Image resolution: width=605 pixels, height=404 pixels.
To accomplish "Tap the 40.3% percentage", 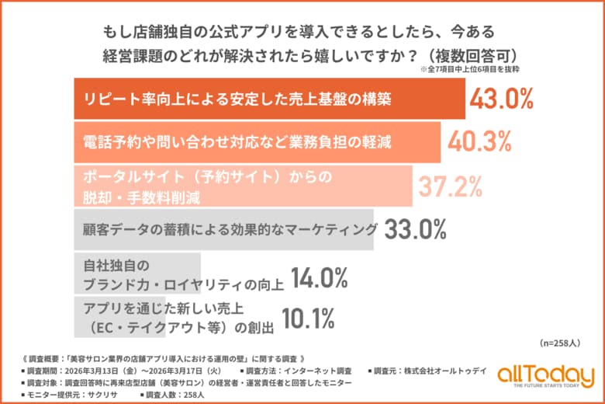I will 479,142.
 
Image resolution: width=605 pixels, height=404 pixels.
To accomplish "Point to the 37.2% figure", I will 450,186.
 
